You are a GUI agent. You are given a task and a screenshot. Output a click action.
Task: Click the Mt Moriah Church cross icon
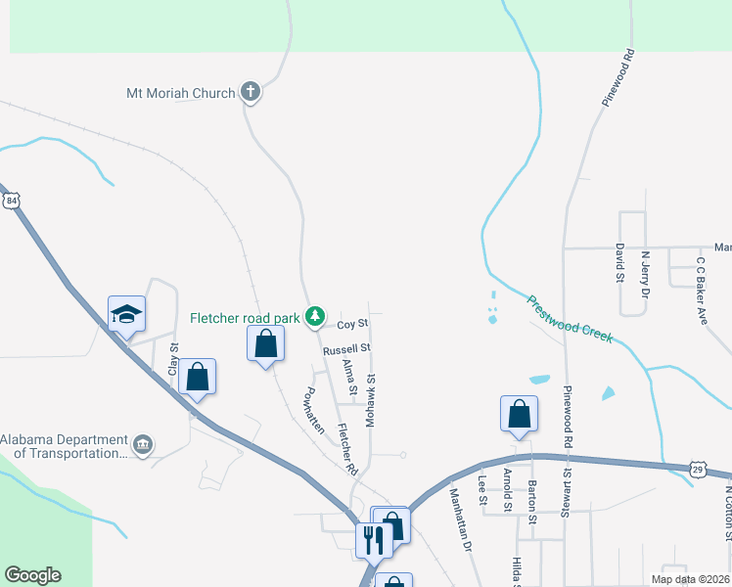click(x=251, y=93)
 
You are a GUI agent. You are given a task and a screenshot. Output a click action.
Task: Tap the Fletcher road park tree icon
click(x=315, y=316)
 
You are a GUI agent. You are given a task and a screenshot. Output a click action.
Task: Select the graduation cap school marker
click(x=126, y=314)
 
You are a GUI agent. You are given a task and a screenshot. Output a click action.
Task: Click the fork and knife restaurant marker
click(x=374, y=537)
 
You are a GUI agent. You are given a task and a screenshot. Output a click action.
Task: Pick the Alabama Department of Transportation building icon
click(x=143, y=446)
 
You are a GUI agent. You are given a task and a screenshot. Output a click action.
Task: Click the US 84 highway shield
click(x=11, y=200)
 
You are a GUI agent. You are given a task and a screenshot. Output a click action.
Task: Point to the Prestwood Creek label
click(x=570, y=319)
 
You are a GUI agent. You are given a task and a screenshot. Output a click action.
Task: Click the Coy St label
click(x=352, y=323)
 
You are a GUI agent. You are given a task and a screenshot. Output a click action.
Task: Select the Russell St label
click(x=346, y=348)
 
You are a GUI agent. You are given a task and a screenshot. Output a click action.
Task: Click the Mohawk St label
click(x=371, y=399)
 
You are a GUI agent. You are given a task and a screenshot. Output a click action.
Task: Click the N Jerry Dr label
click(x=645, y=275)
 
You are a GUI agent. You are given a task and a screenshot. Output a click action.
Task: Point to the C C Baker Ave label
click(x=701, y=291)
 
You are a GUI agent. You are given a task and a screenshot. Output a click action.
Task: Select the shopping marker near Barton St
click(x=519, y=414)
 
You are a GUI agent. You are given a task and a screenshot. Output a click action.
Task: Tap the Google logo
click(x=32, y=575)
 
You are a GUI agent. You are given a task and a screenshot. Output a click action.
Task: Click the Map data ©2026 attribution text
click(x=690, y=579)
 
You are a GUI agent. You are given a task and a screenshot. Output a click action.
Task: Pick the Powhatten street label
click(x=312, y=409)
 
